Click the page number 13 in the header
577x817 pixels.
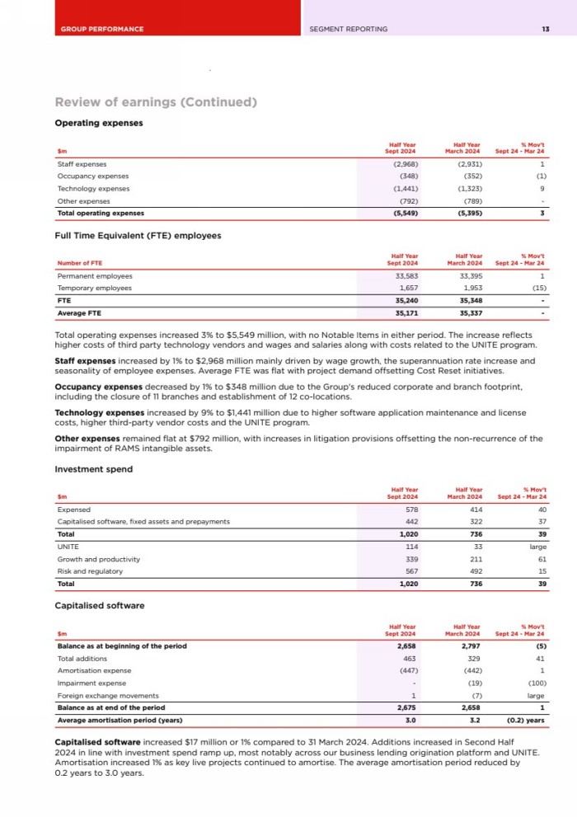545,29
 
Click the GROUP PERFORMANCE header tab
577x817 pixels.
101,29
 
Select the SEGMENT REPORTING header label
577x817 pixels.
348,29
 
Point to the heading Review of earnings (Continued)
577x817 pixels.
156,102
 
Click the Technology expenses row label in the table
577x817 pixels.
93,188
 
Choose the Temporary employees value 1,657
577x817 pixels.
407,289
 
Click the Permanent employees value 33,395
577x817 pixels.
470,276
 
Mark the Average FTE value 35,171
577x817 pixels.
406,313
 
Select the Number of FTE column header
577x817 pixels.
79,263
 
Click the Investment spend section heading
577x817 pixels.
93,469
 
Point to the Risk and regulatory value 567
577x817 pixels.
410,571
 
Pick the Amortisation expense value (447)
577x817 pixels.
406,670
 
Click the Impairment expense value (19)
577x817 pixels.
471,683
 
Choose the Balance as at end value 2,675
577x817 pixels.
406,707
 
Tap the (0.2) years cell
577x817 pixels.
525,720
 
